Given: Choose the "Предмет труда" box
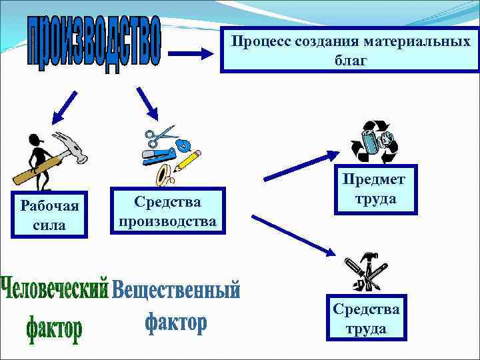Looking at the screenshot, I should click(374, 189).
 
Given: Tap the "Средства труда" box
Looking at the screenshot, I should click(366, 319).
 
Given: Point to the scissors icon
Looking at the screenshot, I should click(160, 136).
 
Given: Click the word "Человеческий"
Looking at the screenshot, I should click(55, 289).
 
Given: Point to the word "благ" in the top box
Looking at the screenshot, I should click(350, 61).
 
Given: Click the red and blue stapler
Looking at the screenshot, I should click(159, 157).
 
